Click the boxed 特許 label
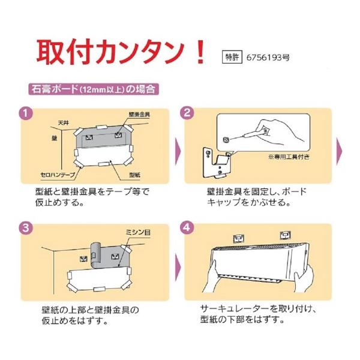tap(232, 57)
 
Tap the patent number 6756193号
tap(268, 58)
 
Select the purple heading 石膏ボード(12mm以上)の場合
tap(94, 89)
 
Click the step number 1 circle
tap(26, 113)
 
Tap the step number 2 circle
tap(187, 113)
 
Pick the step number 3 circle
tap(26, 228)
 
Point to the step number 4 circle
tap(187, 227)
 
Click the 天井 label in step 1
tap(64, 123)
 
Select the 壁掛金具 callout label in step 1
tap(139, 114)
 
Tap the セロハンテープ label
tap(58, 175)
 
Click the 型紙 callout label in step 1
tap(134, 175)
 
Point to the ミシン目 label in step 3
tap(138, 232)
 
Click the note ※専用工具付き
tap(289, 157)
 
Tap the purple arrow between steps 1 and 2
tap(178, 151)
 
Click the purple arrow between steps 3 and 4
tap(178, 268)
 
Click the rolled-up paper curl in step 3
tap(95, 255)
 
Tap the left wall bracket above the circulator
tap(239, 238)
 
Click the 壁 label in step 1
tap(55, 138)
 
